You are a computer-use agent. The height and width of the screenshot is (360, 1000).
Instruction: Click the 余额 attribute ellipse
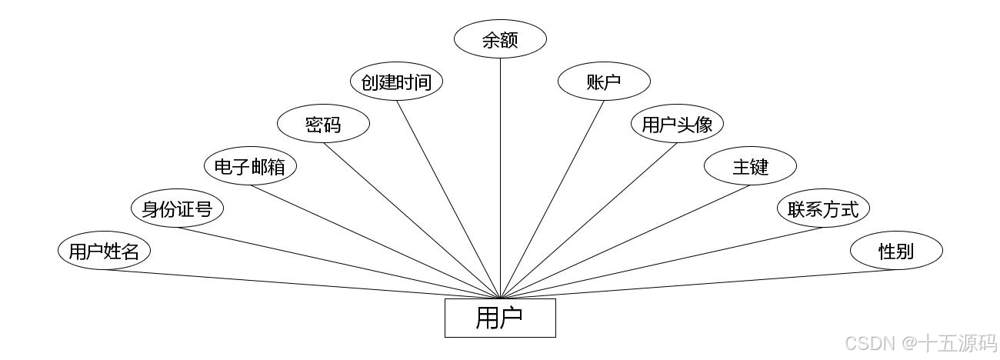point(500,39)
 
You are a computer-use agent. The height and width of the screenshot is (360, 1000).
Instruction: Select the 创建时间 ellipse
point(396,82)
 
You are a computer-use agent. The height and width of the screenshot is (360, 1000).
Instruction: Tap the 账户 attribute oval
point(604,82)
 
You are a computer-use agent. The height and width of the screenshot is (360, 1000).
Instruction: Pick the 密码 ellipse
point(323,124)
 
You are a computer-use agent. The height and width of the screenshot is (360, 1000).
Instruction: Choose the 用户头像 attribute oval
point(677,124)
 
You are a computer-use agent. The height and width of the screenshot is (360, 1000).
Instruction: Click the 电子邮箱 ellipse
point(250,166)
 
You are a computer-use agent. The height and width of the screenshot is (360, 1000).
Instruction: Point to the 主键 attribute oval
point(750,166)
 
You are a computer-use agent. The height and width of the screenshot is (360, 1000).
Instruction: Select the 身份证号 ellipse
point(177,208)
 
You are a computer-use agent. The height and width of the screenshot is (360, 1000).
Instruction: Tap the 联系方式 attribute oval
point(823,208)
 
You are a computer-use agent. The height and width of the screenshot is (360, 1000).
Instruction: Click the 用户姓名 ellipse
point(104,251)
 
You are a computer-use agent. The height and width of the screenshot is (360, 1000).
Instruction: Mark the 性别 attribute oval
point(896,251)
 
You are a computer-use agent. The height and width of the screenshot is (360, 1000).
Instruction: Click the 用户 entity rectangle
point(500,318)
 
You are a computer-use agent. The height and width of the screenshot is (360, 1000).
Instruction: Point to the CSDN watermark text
point(920,342)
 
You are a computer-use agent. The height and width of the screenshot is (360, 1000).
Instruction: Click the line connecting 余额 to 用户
point(500,177)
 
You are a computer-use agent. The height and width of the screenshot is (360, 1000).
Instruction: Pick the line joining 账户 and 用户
point(552,199)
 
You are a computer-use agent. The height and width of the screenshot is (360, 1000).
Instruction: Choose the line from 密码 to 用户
point(412,221)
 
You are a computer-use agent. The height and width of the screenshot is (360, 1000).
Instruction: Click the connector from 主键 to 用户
point(625,242)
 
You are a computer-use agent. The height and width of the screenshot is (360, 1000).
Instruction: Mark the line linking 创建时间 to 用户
point(448,199)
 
